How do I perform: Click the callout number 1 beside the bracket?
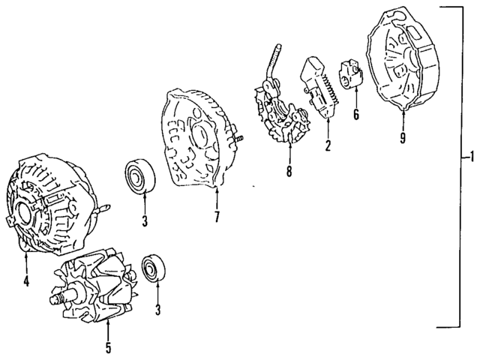point(469,159)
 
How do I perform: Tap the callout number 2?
point(328,145)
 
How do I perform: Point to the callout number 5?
point(108,347)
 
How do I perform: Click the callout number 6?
point(356,115)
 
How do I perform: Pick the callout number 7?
point(217,217)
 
